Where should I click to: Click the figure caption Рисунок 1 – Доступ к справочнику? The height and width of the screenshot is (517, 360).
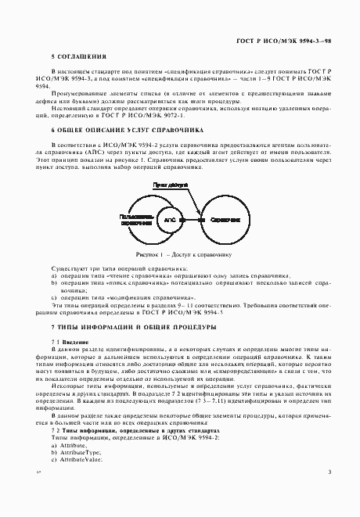pyautogui.click(x=181, y=254)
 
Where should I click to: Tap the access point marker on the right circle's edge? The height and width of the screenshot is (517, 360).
pyautogui.click(x=198, y=221)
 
